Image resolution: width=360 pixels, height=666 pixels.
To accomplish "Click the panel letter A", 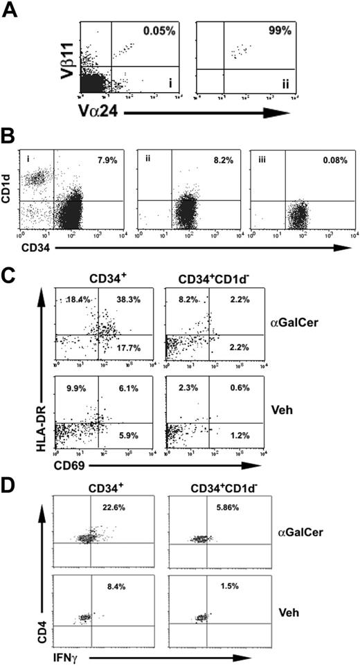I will [8, 8].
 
